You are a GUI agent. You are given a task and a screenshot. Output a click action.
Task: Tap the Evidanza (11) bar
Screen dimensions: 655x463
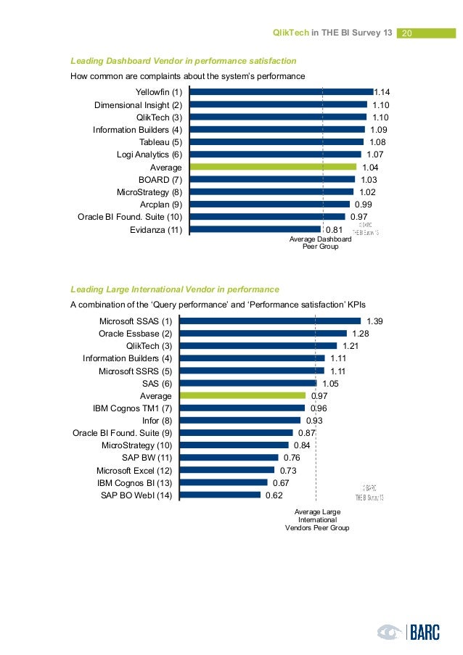coord(255,229)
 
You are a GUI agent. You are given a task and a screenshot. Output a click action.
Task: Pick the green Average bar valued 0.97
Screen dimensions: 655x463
coord(242,396)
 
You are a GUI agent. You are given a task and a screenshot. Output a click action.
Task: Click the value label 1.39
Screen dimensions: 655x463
coord(375,321)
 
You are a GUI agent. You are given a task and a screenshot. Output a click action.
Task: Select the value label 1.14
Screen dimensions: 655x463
coord(382,92)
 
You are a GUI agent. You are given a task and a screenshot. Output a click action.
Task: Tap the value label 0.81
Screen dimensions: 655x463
coord(334,230)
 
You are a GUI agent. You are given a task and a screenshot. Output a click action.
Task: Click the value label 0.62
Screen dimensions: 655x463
coord(273,495)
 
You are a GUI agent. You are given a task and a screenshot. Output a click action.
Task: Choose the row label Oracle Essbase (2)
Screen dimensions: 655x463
coord(135,334)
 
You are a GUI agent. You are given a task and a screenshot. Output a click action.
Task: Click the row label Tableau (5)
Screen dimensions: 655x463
coord(160,141)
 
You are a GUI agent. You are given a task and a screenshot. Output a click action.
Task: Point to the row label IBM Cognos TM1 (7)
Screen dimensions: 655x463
coord(132,408)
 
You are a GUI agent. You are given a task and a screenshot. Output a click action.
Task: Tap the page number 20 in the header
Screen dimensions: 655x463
coord(406,33)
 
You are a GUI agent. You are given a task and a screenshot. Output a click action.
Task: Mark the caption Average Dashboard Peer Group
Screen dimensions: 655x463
coord(320,243)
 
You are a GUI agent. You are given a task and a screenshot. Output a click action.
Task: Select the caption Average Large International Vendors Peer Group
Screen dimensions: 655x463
coord(316,520)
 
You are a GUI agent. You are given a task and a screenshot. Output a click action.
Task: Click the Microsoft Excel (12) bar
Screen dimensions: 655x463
coord(226,470)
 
